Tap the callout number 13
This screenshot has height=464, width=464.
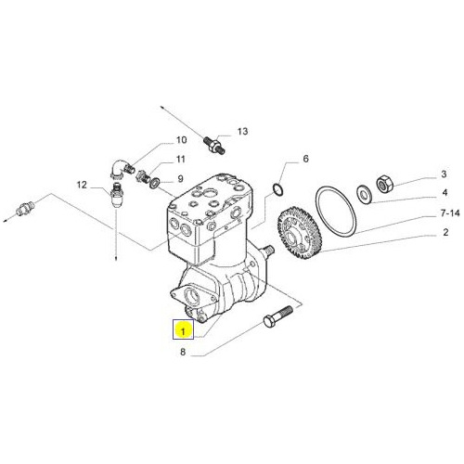[243, 132]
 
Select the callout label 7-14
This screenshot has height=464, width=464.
[450, 213]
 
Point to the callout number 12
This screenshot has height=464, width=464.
[82, 185]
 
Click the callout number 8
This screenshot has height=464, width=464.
[183, 352]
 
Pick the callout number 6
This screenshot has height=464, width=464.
[305, 159]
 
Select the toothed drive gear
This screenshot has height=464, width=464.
[300, 232]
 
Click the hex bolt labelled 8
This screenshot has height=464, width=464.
[277, 316]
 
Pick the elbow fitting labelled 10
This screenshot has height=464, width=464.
[121, 170]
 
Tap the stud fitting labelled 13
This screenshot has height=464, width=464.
[214, 145]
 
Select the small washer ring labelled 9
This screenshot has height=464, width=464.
[154, 183]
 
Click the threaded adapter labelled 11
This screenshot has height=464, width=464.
[143, 177]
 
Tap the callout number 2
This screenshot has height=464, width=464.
[445, 232]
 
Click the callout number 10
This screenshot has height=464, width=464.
[182, 140]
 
